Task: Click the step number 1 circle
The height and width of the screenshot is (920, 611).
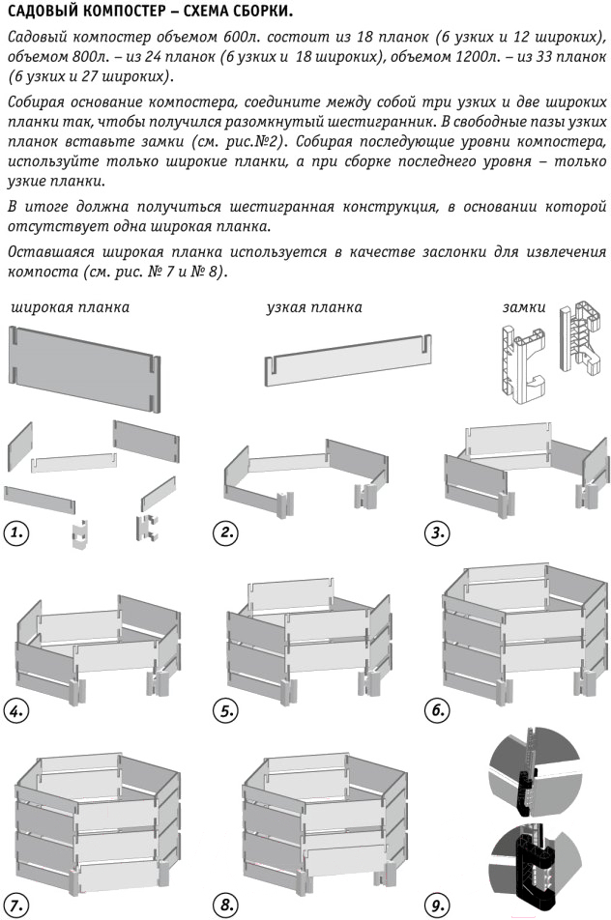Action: (16, 532)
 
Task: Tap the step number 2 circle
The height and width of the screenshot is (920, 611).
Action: (225, 532)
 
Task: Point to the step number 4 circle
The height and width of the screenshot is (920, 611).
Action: (16, 711)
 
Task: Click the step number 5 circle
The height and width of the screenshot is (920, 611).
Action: (225, 711)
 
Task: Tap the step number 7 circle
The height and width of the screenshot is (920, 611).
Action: (16, 906)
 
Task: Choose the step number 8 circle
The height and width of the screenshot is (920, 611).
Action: (225, 906)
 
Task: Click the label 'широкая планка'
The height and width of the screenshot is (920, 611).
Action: (70, 307)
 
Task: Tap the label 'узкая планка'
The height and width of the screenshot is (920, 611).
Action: (313, 307)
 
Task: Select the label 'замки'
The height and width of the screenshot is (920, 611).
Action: (523, 307)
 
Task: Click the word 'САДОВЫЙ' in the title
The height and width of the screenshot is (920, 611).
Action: (45, 13)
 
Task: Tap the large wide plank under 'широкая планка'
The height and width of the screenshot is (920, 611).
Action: (84, 368)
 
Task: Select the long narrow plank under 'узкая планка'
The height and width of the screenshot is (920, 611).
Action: (347, 364)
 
